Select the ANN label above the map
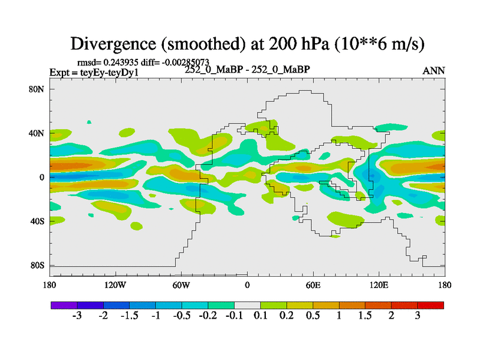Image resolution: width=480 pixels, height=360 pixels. [434, 71]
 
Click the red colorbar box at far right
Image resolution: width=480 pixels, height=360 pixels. [431, 305]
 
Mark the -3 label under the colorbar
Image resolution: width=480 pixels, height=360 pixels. [76, 317]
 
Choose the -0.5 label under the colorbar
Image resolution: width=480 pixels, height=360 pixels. [181, 317]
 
